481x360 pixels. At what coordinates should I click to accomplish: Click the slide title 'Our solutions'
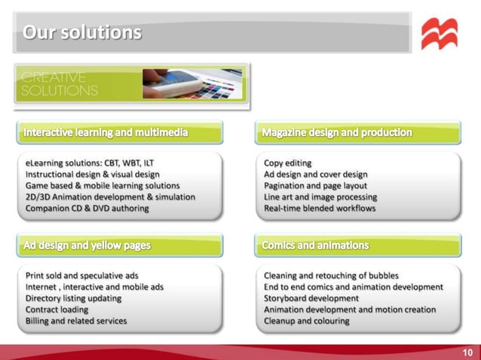(x=82, y=32)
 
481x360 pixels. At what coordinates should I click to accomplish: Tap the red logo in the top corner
(x=439, y=34)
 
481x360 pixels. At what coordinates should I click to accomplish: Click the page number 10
(x=467, y=352)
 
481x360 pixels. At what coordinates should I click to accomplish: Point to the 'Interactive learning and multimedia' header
(x=106, y=133)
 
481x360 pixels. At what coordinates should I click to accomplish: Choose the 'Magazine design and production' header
(x=337, y=133)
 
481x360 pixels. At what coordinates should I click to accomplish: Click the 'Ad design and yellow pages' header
(x=87, y=246)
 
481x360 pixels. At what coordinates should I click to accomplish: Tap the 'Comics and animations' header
(x=315, y=246)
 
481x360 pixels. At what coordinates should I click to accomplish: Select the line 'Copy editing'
(x=287, y=163)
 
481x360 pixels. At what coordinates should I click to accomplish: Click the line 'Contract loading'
(x=57, y=310)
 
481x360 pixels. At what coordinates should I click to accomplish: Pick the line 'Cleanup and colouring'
(x=307, y=321)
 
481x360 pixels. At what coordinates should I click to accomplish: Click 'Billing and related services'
(x=76, y=321)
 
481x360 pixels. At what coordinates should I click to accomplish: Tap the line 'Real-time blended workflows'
(x=320, y=208)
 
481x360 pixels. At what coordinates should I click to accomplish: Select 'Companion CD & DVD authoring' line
(x=87, y=208)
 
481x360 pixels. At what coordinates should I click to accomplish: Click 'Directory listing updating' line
(x=72, y=298)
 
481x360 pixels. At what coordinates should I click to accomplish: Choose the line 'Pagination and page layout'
(x=316, y=185)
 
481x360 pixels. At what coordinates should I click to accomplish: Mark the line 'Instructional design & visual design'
(x=93, y=174)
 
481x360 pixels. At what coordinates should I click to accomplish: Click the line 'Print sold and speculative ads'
(x=82, y=276)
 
